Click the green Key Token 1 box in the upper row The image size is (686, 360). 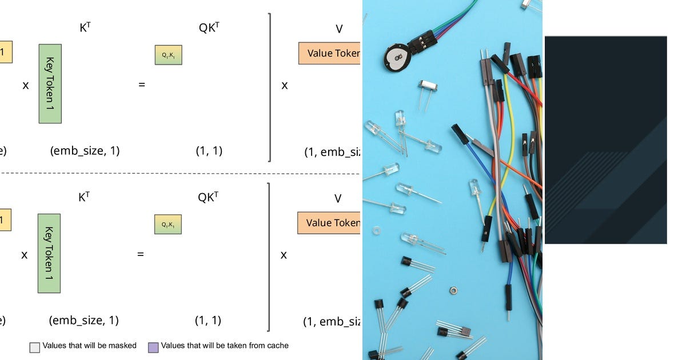[x=50, y=83]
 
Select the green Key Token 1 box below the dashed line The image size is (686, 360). [x=49, y=253]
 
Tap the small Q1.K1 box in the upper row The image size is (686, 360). [x=168, y=55]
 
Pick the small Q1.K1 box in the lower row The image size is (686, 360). [x=167, y=225]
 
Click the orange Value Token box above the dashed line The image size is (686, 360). [x=329, y=53]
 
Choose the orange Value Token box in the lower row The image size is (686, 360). [x=329, y=223]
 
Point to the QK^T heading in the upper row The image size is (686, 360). [x=209, y=28]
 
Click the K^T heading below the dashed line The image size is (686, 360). [x=84, y=198]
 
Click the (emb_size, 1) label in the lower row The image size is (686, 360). [x=84, y=320]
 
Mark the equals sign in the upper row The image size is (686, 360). [x=142, y=85]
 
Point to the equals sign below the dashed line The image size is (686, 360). [x=140, y=254]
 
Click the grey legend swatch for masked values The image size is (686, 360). [x=35, y=347]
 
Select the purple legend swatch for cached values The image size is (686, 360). [x=153, y=347]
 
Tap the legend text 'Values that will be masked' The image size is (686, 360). [x=91, y=346]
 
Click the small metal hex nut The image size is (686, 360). [x=453, y=290]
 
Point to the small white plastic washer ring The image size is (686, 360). [x=376, y=231]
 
